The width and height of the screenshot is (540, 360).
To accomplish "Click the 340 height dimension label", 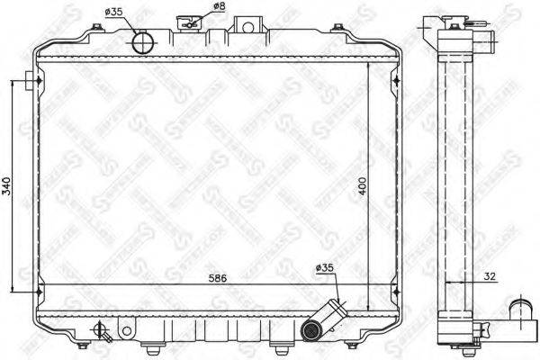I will [8, 187].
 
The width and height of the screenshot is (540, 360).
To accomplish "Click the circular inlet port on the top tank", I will [142, 41].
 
